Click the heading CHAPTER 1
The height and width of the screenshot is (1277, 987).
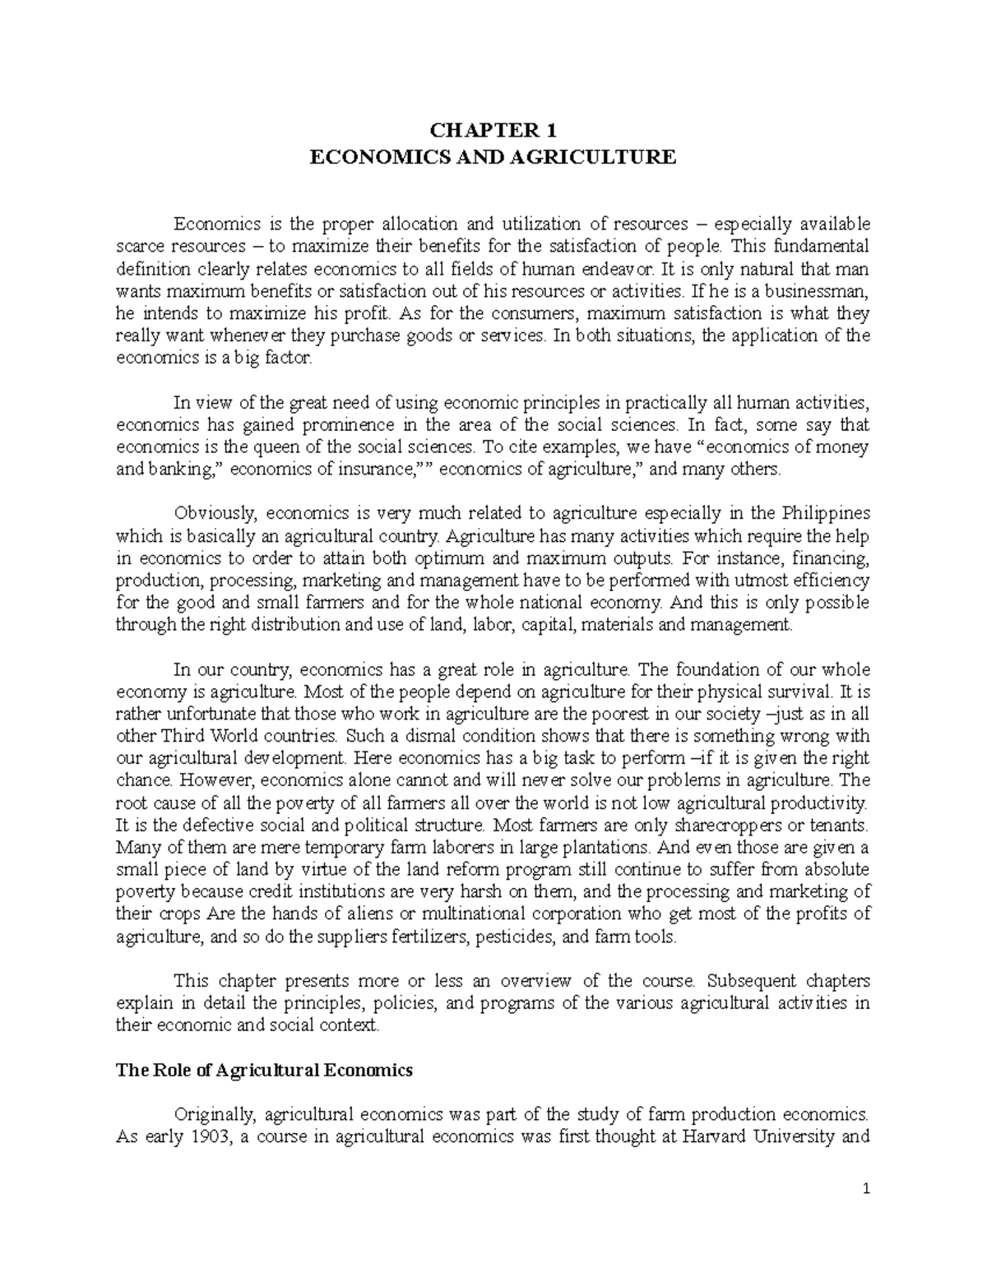click(x=492, y=130)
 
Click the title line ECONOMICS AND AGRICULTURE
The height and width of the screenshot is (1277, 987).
click(x=492, y=156)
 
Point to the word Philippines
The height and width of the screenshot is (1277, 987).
click(x=825, y=514)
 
